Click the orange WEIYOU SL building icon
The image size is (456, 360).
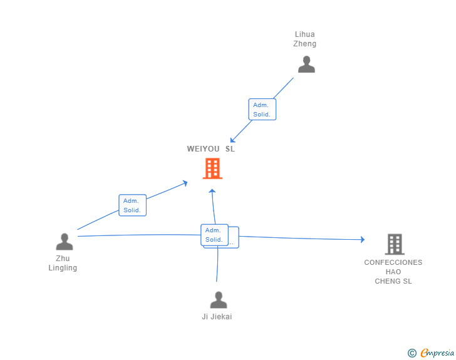pos(212,168)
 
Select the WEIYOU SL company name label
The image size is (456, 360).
pos(211,149)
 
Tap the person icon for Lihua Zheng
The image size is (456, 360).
pos(306,64)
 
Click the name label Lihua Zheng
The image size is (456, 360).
pos(304,39)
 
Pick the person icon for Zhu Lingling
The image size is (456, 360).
pos(65,242)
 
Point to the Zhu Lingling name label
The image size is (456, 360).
pos(63,263)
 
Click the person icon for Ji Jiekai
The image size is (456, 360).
pos(219,300)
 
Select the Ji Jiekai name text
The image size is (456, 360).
pos(217,317)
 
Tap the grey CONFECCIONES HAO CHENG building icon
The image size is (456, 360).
pos(395,244)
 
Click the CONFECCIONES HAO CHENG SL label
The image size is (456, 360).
pos(393,272)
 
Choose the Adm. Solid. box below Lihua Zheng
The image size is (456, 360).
pos(262,110)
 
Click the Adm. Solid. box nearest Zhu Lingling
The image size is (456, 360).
pos(132,205)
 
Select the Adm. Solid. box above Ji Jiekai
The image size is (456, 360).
pos(214,235)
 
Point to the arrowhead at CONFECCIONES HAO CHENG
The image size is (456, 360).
pos(362,240)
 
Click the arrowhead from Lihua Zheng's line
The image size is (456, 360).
pos(232,140)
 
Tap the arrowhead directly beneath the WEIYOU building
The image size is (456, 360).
pos(212,191)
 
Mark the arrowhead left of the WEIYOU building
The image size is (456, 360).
pos(185,183)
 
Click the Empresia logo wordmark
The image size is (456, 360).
pos(437,352)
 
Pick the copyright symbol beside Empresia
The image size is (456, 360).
pos(412,353)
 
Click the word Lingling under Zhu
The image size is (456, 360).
pos(63,268)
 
